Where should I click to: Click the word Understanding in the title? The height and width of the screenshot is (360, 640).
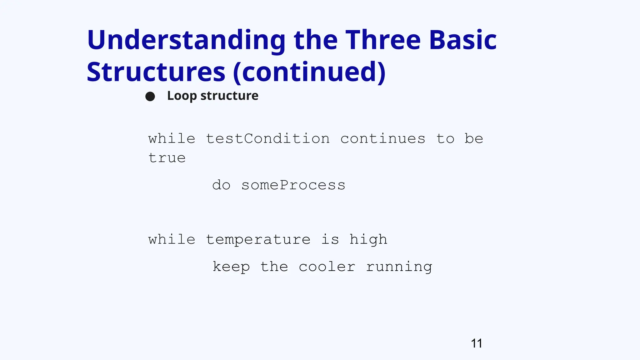click(186, 40)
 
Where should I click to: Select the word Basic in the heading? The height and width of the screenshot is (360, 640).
click(463, 40)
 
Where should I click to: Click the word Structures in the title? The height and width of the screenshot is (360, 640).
click(156, 72)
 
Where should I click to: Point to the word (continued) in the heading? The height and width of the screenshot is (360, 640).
click(309, 72)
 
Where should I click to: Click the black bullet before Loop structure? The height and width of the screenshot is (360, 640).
click(150, 96)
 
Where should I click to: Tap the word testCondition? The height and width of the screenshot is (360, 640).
click(268, 138)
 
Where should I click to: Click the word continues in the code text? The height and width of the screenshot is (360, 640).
click(383, 138)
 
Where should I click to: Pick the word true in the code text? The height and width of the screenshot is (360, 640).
click(167, 158)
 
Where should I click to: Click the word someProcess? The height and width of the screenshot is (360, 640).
click(293, 185)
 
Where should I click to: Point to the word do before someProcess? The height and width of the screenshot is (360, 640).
click(221, 185)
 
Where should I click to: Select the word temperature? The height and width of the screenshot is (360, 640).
click(258, 240)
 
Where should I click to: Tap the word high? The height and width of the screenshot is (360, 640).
click(368, 240)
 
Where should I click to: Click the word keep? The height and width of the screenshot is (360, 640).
click(231, 267)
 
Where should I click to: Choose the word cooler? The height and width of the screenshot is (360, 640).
click(327, 267)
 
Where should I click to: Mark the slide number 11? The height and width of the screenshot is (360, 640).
click(476, 343)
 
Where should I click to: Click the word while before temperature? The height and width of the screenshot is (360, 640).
click(172, 240)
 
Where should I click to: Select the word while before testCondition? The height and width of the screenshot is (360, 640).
click(172, 138)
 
